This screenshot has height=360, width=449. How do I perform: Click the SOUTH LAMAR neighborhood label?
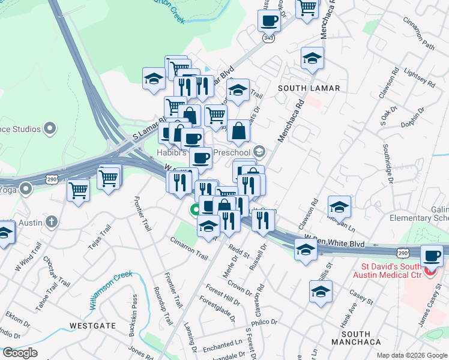[x=309, y=88]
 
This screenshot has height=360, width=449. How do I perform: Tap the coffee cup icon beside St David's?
[x=432, y=256]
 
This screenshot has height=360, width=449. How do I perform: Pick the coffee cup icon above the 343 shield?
[x=268, y=21]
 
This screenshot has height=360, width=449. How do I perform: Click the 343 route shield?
[x=268, y=38]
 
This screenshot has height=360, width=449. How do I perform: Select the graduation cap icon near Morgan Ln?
[x=339, y=207]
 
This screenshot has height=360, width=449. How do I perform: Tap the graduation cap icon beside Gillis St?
[x=321, y=292]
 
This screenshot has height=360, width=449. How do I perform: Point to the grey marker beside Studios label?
[x=50, y=128]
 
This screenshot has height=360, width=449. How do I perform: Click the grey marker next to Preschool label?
[x=259, y=151]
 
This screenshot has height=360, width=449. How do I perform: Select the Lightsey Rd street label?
[x=415, y=79]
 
